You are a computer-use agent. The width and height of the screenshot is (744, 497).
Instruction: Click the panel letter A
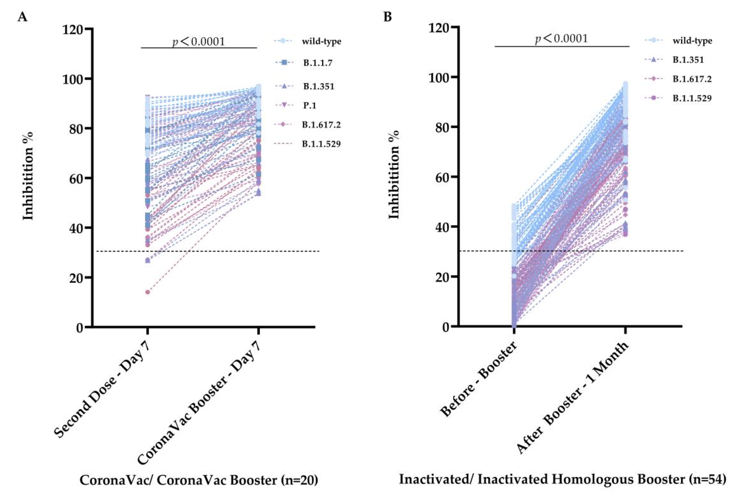22,17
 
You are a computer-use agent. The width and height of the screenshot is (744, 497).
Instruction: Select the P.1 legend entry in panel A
309,105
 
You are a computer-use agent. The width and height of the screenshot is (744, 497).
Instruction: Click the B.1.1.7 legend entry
317,63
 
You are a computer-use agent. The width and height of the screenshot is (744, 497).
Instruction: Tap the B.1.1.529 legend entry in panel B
692,98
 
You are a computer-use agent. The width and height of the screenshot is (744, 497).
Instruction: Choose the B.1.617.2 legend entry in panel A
321,125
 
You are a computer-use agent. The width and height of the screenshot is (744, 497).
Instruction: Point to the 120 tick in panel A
73,29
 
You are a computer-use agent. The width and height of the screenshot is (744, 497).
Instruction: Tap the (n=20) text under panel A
299,480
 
